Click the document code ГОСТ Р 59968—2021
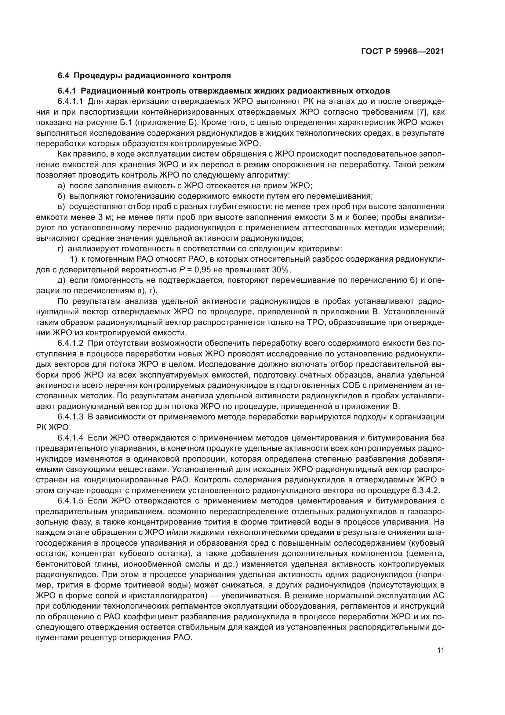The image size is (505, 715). point(402,52)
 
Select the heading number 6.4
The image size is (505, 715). point(64,76)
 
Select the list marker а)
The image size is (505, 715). point(62,186)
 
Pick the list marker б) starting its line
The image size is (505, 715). point(62,196)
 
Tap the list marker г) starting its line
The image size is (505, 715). point(61,249)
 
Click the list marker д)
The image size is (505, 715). point(62,280)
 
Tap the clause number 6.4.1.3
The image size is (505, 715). point(71,417)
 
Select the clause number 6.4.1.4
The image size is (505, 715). point(71,438)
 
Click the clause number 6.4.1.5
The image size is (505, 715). point(71,501)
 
